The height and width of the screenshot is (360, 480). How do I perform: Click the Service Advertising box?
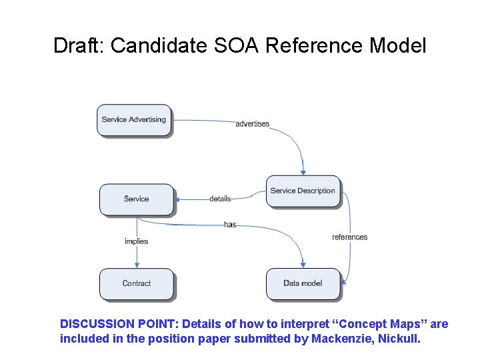(x=133, y=120)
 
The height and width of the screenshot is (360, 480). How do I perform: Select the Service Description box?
(x=303, y=191)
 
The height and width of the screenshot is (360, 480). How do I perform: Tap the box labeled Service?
(x=136, y=199)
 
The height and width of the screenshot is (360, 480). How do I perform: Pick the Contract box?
(x=136, y=283)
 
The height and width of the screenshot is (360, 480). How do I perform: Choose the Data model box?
(x=303, y=283)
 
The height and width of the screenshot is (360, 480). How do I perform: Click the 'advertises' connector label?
(x=253, y=124)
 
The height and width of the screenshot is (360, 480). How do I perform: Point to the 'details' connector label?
(x=219, y=199)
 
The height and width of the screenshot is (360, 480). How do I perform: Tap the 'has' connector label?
(x=230, y=225)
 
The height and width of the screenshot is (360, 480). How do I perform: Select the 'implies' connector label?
(x=136, y=241)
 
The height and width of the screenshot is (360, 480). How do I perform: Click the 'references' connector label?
(x=349, y=237)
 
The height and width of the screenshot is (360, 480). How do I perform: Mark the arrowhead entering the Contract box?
(x=136, y=265)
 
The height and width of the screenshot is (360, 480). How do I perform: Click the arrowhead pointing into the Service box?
(x=177, y=199)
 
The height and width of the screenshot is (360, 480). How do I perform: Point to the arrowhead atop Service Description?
(x=303, y=173)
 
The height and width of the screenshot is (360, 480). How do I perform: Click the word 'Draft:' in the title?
(x=79, y=46)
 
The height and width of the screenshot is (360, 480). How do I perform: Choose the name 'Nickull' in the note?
(x=399, y=338)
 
